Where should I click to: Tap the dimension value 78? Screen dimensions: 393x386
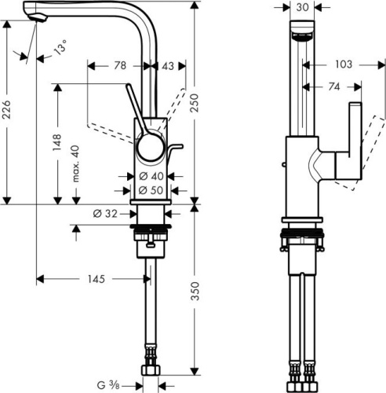pos(120,66)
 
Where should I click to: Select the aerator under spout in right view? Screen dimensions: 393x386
pos(302,36)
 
